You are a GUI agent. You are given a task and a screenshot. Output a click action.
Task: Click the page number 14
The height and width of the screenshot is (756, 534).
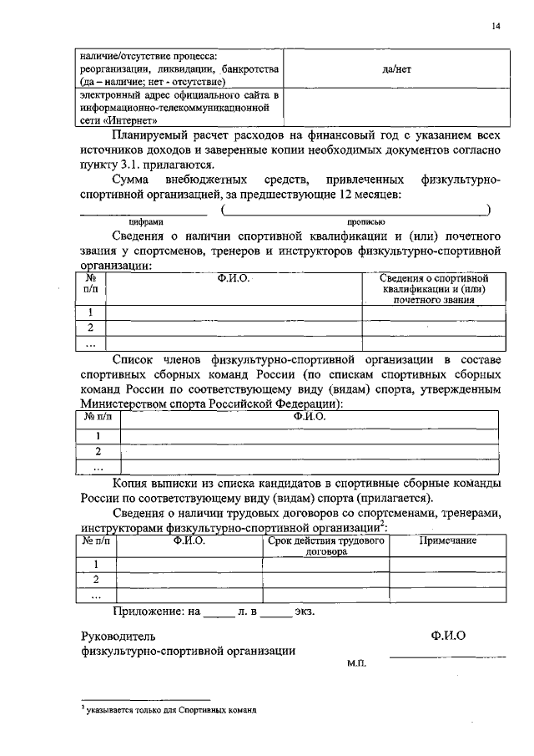496,27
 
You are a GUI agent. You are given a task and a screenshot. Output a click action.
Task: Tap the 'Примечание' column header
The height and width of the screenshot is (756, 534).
447,540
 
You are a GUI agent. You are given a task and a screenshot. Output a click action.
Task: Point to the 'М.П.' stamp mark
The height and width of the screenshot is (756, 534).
356,662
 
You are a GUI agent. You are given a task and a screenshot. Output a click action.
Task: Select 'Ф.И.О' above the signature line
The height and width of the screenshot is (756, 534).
449,636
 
